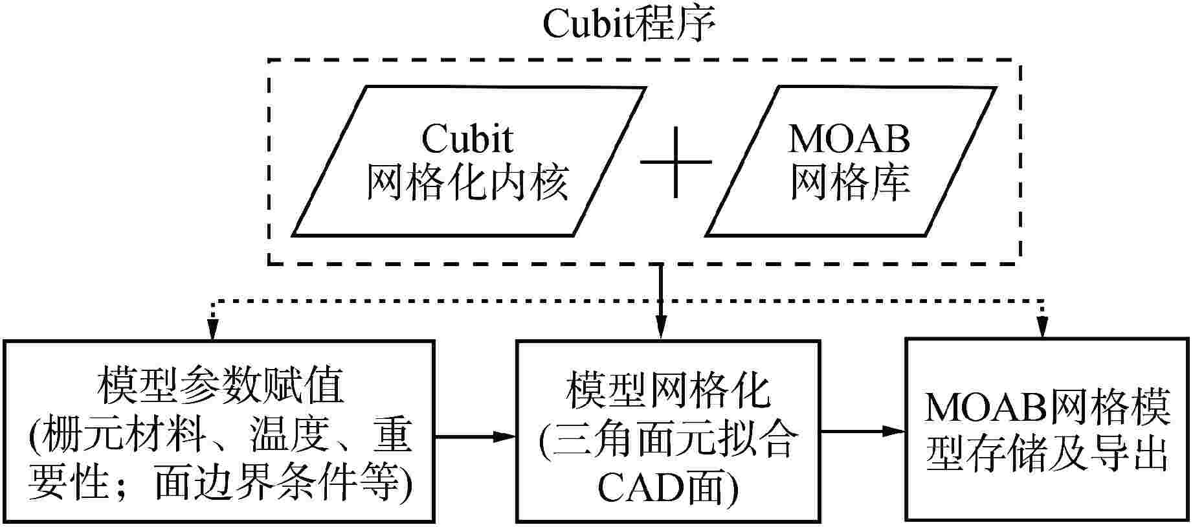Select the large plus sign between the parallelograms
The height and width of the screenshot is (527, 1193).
point(676,161)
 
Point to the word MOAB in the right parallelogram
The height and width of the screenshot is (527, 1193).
point(849,138)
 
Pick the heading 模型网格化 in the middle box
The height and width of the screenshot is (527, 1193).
point(667,390)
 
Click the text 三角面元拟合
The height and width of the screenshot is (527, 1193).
point(673,440)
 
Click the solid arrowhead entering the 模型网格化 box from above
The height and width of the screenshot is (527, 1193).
point(660,329)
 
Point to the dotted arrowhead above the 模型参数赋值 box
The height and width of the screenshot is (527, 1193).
point(210,329)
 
